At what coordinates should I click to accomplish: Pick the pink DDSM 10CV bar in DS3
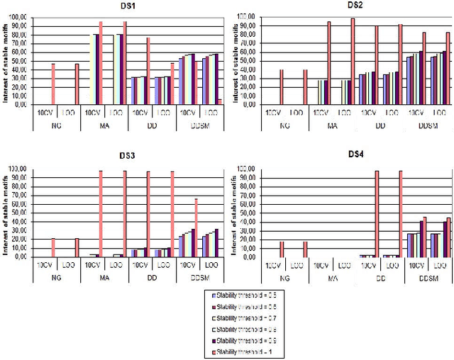(196, 227)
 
